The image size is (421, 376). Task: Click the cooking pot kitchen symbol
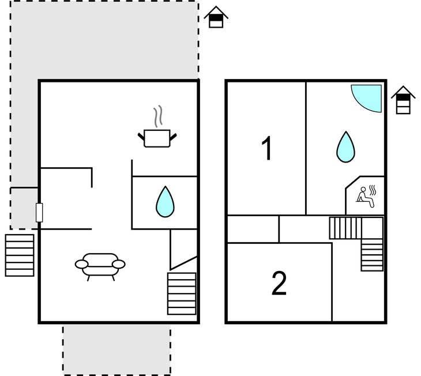point(157,138)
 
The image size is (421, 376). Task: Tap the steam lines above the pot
point(158,116)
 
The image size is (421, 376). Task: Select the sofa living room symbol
point(100,266)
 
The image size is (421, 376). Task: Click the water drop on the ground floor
point(165,202)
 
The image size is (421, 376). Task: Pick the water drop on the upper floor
point(346,147)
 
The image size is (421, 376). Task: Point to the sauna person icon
point(366,197)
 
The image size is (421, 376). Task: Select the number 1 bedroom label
point(267,148)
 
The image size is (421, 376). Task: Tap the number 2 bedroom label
point(279,283)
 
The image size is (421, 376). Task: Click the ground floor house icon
point(216,17)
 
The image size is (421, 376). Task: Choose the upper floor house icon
point(403,100)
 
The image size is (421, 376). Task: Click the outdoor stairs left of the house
point(20,255)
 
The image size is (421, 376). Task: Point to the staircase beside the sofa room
point(182,294)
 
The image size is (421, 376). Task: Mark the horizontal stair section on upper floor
point(345,228)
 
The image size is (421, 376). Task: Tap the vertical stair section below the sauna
point(372,255)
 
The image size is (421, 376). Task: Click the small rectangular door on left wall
point(39,213)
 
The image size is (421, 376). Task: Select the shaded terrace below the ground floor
point(117,350)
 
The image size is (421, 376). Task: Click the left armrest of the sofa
point(82,264)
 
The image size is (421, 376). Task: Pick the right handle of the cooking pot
point(174,137)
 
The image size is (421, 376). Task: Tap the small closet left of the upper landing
point(253,229)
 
